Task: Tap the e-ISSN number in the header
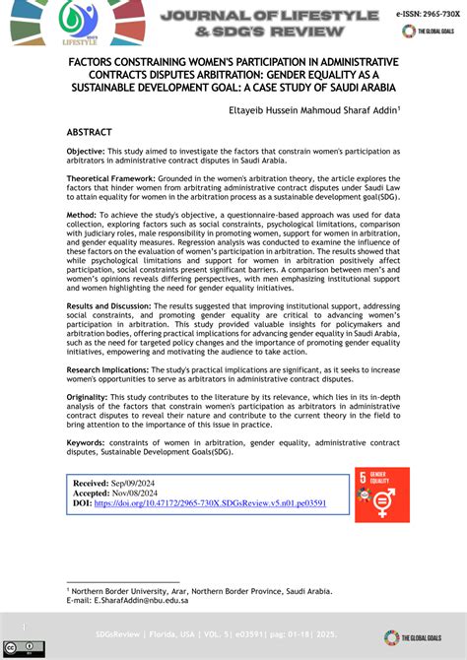coord(426,17)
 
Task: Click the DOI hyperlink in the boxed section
coord(210,503)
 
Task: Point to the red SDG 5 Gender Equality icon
coord(381,495)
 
